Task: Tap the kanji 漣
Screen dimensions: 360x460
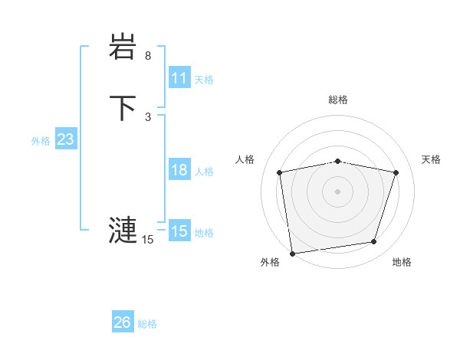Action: [x=122, y=229]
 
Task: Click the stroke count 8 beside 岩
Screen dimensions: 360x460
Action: [x=148, y=56]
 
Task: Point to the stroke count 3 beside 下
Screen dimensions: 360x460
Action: [x=148, y=116]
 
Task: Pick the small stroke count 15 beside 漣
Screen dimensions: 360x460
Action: [x=147, y=240]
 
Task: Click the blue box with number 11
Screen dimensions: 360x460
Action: [x=179, y=78]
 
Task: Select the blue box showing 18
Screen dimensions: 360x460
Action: [x=179, y=170]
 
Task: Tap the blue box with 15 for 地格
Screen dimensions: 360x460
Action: [x=179, y=231]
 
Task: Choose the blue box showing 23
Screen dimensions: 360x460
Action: [x=65, y=139]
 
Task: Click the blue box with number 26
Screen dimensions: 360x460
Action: [x=122, y=322]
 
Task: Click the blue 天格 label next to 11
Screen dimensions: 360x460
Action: [x=204, y=79]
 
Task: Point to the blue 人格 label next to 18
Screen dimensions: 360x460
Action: [x=204, y=172]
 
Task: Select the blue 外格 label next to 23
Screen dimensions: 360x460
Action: [x=41, y=141]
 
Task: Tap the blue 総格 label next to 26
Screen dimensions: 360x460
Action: [x=147, y=324]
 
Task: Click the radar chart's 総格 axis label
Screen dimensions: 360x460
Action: [x=337, y=100]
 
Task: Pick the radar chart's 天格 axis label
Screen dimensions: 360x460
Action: [x=431, y=159]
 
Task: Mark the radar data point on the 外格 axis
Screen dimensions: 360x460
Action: [x=292, y=252]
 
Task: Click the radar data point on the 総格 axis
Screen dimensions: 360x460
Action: [x=337, y=161]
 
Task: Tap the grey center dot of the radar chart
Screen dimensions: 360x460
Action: [x=337, y=190]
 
